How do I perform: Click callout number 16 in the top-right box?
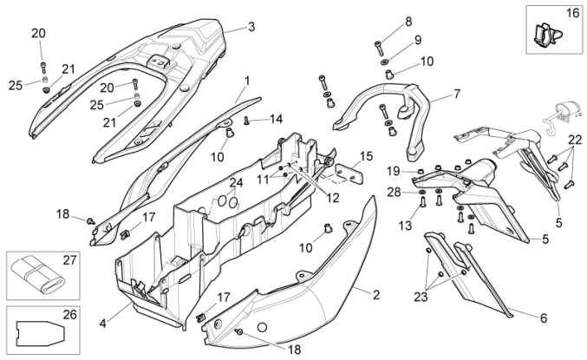tap(573, 15)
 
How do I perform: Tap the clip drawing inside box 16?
tap(544, 35)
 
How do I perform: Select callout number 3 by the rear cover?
tap(251, 27)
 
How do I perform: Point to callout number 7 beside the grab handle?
tap(456, 93)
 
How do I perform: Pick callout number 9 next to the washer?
tap(417, 40)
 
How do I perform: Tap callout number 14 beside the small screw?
tap(276, 118)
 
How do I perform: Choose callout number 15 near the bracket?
tap(367, 156)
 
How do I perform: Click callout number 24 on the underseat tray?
tap(236, 183)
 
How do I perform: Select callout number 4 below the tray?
tap(102, 324)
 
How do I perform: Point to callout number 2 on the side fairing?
tap(375, 295)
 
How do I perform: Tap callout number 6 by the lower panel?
tap(544, 318)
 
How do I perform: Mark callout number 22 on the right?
tap(575, 141)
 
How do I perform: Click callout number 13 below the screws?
tap(404, 226)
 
